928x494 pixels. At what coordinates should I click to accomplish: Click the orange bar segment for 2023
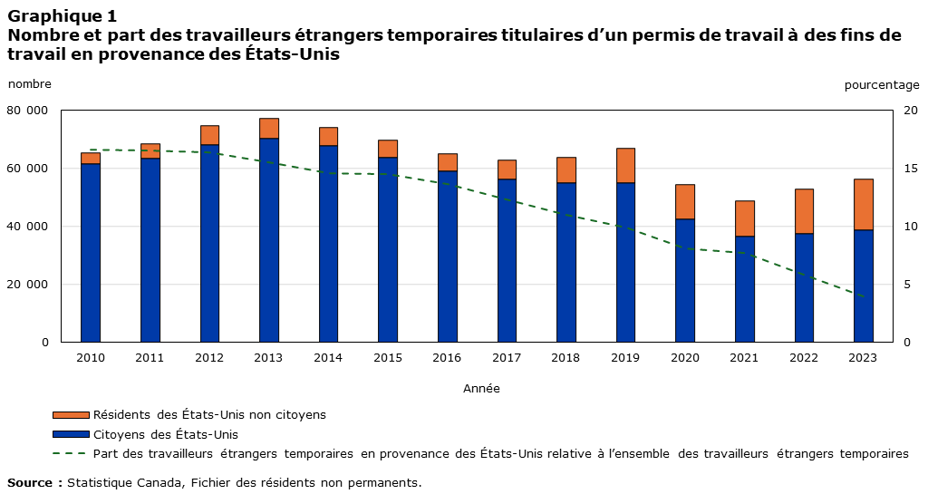coord(864,204)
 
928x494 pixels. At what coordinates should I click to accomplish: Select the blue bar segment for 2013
coord(269,240)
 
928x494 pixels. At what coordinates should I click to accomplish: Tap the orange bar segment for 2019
coord(625,165)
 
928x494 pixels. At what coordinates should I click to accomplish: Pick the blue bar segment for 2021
coord(744,289)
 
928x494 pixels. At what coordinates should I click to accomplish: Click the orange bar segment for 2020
coord(685,201)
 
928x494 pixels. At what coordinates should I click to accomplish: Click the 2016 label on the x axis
coord(447,358)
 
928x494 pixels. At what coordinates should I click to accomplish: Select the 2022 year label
coord(803,358)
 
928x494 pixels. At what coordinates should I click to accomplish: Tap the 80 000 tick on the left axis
coord(28,111)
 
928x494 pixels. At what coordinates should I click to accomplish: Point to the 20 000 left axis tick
coord(28,285)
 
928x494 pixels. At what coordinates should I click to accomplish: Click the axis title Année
coord(481,388)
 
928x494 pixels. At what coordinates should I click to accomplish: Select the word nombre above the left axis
coord(30,84)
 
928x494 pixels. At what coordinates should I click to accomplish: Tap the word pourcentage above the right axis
coord(881,85)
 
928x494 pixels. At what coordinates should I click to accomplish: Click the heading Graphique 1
coord(62,16)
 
